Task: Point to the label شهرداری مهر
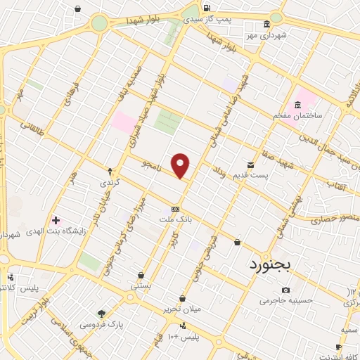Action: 266,34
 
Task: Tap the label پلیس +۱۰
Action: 184,337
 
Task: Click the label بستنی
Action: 141,286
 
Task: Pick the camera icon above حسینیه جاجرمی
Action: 285,290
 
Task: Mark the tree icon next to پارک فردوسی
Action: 103,314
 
